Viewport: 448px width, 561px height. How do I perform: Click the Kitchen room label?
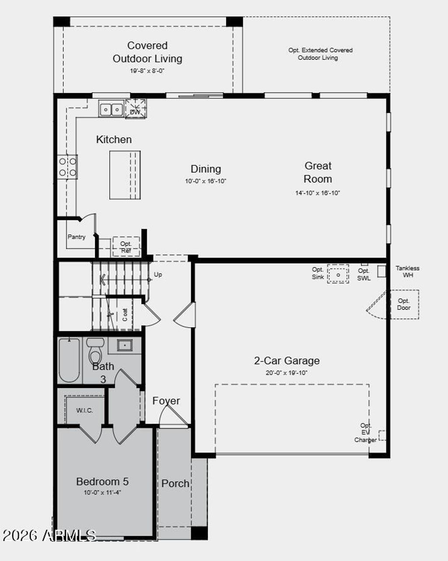coord(114,139)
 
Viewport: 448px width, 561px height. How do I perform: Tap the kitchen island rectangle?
coord(125,175)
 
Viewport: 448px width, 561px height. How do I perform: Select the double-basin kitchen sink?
coord(111,109)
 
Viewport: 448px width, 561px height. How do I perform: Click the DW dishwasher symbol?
coord(136,109)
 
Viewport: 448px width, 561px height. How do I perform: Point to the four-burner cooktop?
coord(67,166)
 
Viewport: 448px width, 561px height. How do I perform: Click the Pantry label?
coord(76,237)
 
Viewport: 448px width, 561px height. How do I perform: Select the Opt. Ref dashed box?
coord(126,247)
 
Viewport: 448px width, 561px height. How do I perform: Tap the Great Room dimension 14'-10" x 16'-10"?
coord(317,193)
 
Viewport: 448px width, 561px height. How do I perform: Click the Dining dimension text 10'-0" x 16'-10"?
coord(205,181)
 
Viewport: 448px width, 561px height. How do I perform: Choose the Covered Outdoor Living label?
coord(147,52)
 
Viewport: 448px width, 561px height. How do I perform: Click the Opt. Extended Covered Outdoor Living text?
coord(320,54)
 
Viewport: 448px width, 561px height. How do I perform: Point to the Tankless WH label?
coord(407,271)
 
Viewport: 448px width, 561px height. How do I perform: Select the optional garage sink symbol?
coord(338,274)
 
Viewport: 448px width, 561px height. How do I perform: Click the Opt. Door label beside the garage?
coord(403,304)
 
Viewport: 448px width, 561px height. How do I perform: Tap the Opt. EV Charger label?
coord(366,433)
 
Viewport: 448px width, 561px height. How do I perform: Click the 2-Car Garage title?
coord(287,360)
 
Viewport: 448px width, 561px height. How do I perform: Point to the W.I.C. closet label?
coord(84,410)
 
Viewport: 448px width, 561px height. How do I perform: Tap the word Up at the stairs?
coord(158,274)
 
